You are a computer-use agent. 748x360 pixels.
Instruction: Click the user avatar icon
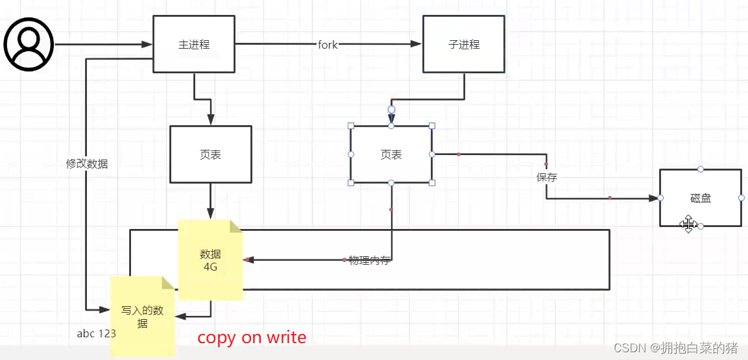(x=29, y=44)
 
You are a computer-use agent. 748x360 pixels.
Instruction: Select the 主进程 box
(x=194, y=44)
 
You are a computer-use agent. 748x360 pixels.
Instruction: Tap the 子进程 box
(x=463, y=44)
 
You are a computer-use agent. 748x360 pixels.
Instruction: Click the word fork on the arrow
(x=328, y=45)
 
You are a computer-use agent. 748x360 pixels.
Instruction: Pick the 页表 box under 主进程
(x=210, y=154)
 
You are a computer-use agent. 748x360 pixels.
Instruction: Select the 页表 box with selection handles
(x=391, y=154)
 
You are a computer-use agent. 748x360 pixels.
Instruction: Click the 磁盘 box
(x=701, y=198)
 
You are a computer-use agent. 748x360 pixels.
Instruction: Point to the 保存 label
(x=546, y=177)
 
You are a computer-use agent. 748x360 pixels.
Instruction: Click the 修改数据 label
(x=87, y=164)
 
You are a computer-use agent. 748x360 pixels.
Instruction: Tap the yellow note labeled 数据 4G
(x=210, y=259)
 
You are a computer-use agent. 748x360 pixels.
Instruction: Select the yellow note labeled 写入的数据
(x=142, y=317)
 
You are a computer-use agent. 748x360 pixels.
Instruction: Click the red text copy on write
(x=252, y=337)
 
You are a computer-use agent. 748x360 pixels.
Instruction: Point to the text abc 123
(x=96, y=334)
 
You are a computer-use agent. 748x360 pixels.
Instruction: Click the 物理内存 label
(x=369, y=261)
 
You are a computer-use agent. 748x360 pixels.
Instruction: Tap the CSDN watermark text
(x=675, y=348)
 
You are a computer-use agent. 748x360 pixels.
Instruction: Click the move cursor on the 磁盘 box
(x=688, y=224)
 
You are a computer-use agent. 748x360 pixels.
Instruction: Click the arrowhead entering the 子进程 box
(x=417, y=44)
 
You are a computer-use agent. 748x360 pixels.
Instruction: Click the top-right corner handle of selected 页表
(x=432, y=126)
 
